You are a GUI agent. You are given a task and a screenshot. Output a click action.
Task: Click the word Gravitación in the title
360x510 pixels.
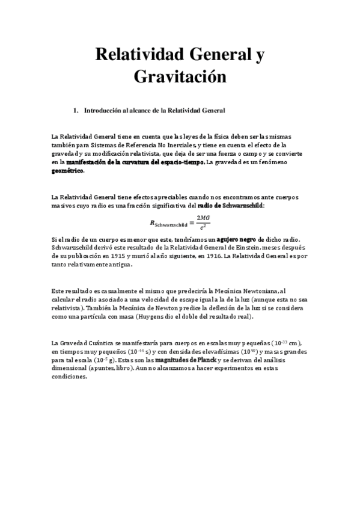pos(180,77)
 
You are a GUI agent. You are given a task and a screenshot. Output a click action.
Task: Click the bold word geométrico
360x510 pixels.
pos(68,171)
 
